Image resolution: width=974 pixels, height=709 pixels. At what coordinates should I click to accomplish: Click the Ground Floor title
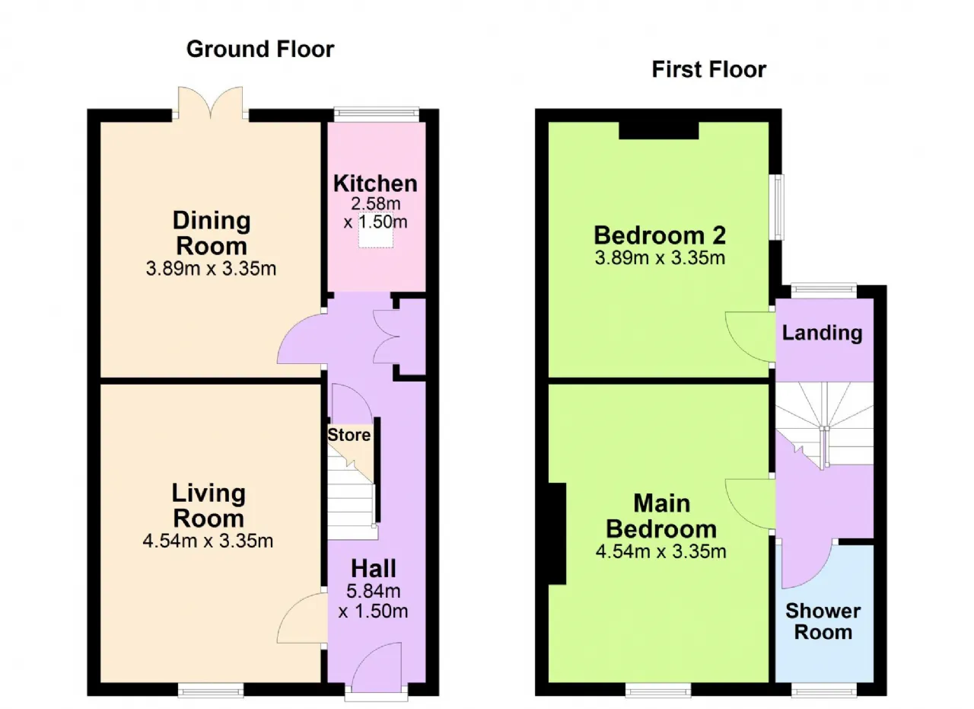pyautogui.click(x=260, y=50)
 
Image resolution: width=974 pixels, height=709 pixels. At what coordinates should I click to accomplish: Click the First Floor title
pyautogui.click(x=708, y=69)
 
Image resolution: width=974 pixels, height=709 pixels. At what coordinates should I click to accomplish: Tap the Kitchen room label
pyautogui.click(x=375, y=184)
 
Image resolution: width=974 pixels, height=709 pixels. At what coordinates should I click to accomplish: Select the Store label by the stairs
pyautogui.click(x=349, y=435)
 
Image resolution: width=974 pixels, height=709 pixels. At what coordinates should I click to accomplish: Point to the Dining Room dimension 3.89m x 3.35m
pyautogui.click(x=211, y=269)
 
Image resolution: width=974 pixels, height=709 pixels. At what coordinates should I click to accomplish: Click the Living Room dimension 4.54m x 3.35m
pyautogui.click(x=208, y=541)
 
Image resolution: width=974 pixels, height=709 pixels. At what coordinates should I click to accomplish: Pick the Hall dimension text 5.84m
pyautogui.click(x=373, y=591)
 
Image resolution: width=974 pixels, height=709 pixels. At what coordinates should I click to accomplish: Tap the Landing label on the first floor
pyautogui.click(x=823, y=333)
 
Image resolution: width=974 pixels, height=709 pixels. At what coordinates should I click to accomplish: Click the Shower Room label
pyautogui.click(x=823, y=621)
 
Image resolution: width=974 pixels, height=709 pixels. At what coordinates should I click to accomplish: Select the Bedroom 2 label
pyautogui.click(x=660, y=235)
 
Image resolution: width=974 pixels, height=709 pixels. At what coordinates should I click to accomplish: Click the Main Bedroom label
pyautogui.click(x=661, y=516)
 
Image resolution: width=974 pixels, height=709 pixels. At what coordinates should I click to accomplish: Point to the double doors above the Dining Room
pyautogui.click(x=211, y=103)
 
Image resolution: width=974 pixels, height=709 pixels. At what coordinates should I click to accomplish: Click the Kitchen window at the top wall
pyautogui.click(x=376, y=114)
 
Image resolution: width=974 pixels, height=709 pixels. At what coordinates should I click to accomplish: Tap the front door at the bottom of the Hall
pyautogui.click(x=377, y=669)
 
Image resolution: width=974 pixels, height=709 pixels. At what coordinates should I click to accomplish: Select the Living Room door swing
pyautogui.click(x=302, y=618)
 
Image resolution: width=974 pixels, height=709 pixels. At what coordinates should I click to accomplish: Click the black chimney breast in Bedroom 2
pyautogui.click(x=659, y=130)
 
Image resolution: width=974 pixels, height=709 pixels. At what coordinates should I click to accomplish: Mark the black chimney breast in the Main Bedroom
pyautogui.click(x=557, y=534)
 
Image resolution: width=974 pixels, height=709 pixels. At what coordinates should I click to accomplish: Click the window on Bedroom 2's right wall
pyautogui.click(x=776, y=207)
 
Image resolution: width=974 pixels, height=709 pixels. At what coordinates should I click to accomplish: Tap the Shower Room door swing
pyautogui.click(x=807, y=564)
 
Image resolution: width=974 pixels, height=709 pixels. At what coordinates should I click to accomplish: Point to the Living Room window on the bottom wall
pyautogui.click(x=211, y=690)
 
